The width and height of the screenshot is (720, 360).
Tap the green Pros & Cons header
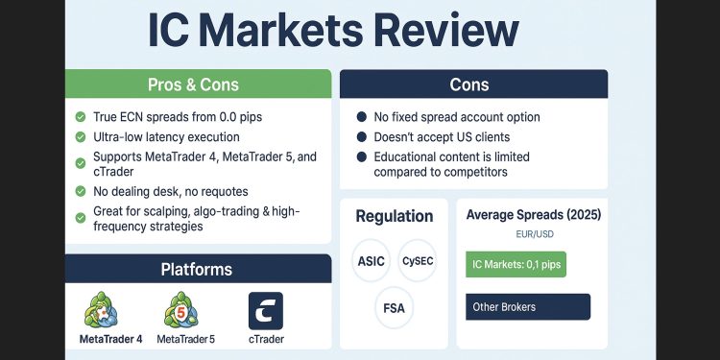[198, 84]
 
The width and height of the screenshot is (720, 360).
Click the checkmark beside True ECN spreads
[81, 117]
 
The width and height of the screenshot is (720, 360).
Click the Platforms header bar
[198, 270]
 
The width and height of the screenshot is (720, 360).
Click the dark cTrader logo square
[266, 311]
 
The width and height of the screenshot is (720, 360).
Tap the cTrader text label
[266, 339]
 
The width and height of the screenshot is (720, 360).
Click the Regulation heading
[395, 216]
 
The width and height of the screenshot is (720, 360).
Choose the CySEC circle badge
[418, 261]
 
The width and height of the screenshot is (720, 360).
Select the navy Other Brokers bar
[527, 307]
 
